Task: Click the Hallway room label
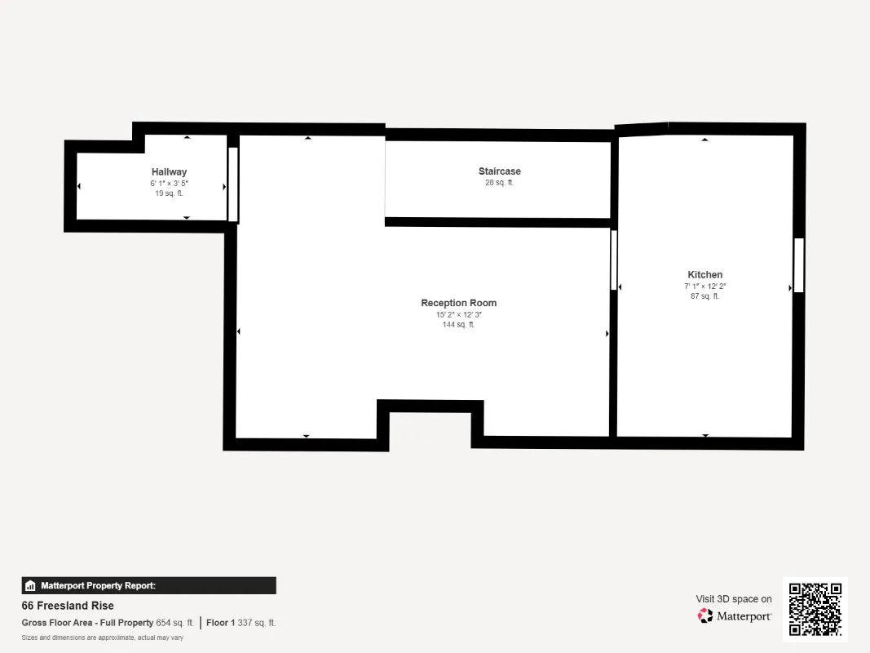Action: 170,172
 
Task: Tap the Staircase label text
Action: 500,171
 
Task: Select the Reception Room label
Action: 459,303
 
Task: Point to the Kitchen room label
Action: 705,275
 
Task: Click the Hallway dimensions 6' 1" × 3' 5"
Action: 170,183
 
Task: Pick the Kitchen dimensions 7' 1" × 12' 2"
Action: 705,286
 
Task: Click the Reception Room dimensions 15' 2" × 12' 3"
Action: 459,314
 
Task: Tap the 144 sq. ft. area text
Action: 459,324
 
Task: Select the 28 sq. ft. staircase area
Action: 500,182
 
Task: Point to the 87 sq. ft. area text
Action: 705,296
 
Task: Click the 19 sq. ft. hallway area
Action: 170,193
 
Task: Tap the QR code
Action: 815,609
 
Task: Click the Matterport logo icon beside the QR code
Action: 705,615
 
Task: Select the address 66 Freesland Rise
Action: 68,606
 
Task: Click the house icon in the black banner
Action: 30,586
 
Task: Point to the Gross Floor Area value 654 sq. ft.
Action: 174,623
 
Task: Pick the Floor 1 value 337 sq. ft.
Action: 256,623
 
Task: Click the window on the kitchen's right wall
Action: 798,265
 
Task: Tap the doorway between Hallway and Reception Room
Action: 233,184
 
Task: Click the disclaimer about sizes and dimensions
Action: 103,637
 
